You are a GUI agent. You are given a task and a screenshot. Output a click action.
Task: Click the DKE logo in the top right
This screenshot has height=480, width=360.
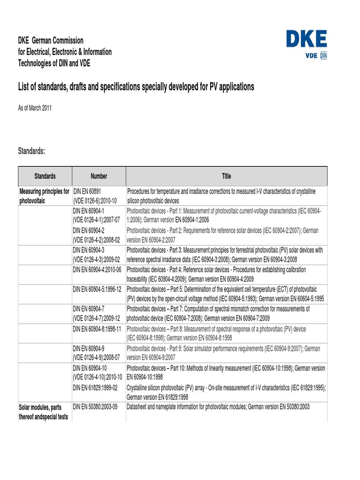(307, 45)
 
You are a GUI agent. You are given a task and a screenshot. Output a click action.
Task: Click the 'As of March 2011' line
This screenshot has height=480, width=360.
(35, 108)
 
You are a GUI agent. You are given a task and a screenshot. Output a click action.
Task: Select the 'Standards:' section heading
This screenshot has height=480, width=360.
(31, 151)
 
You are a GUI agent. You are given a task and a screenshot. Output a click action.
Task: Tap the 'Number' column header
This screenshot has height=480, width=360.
(99, 176)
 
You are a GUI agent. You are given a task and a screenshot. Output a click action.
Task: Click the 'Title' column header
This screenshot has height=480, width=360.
(226, 176)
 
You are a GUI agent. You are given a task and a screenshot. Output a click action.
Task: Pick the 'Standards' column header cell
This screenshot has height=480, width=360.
(45, 176)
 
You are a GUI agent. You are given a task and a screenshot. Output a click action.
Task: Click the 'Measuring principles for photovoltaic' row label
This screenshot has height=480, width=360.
(44, 196)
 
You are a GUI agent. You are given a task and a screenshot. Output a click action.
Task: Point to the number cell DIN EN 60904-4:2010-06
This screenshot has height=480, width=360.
(97, 270)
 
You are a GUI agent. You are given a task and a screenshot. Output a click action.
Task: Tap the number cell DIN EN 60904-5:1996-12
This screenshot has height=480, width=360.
(97, 290)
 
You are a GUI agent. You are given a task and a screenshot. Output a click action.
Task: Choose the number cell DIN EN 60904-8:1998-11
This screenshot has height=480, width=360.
(97, 329)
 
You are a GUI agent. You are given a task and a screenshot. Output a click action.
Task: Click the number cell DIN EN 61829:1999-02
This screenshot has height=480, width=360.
(95, 387)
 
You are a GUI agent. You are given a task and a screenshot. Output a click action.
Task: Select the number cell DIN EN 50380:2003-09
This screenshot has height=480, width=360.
(95, 407)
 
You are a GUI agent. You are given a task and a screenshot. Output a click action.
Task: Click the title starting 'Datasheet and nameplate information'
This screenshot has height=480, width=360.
(218, 407)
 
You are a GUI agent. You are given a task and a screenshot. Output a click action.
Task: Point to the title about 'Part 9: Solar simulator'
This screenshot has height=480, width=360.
(223, 353)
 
